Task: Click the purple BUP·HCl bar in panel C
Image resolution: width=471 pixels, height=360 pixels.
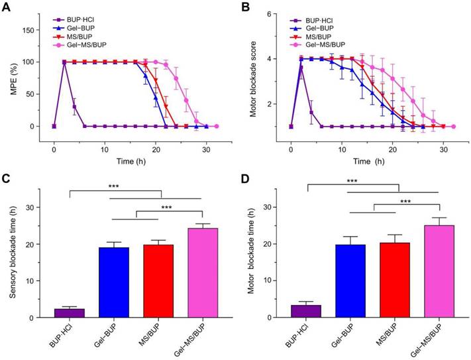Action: click(x=69, y=313)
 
